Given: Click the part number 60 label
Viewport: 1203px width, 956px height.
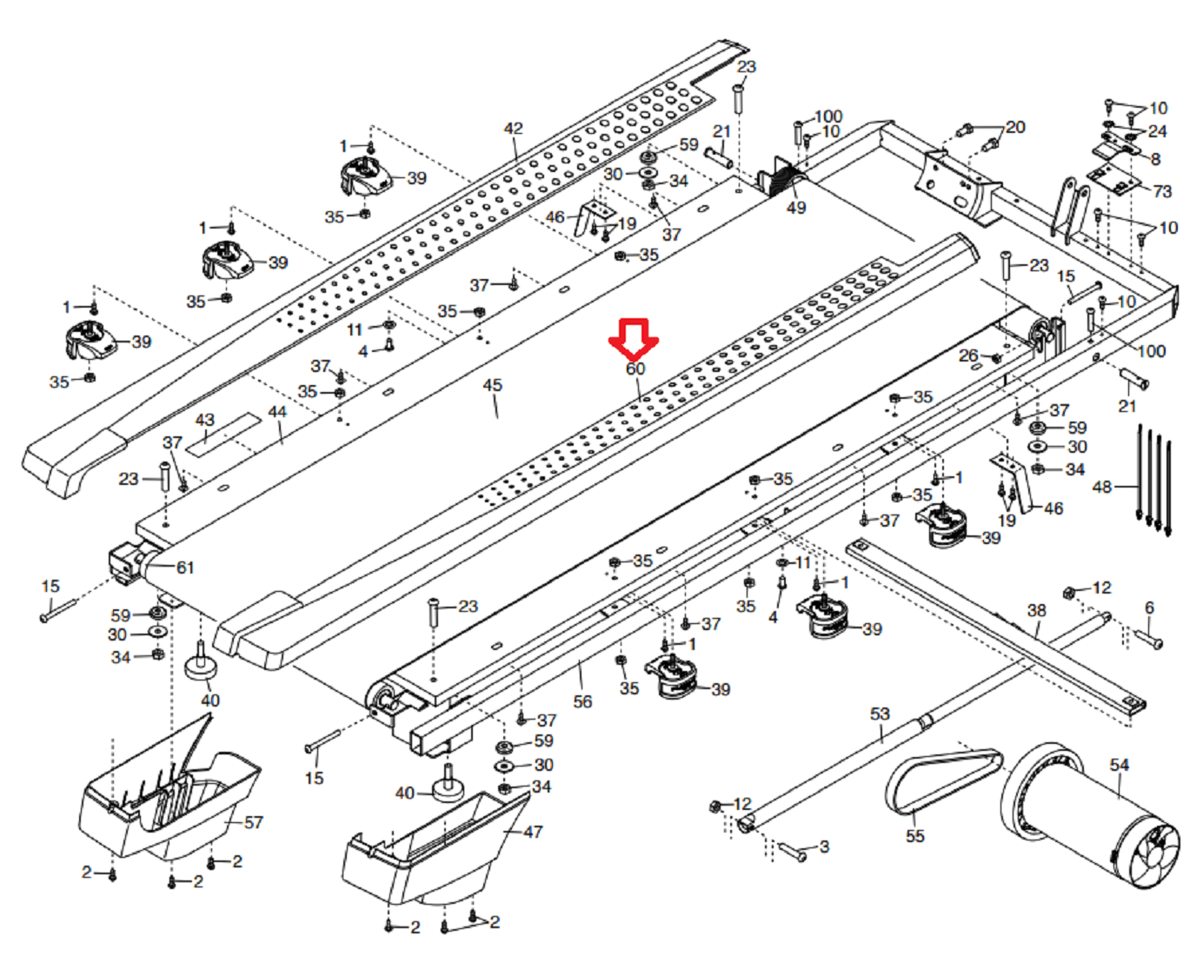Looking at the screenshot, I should click(x=635, y=368).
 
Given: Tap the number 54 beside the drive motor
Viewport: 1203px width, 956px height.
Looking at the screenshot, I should click(x=1119, y=765).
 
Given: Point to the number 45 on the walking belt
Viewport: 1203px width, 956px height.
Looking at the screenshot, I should click(x=492, y=385).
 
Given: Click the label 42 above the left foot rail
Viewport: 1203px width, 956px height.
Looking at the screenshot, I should click(x=514, y=129).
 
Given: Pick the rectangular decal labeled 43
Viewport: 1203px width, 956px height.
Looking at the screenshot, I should click(x=225, y=435).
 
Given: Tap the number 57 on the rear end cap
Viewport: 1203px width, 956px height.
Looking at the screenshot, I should click(x=253, y=822).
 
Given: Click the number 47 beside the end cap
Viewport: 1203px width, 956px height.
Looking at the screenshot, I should click(x=533, y=832).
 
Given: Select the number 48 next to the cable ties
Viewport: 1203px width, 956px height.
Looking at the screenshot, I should click(x=1102, y=487).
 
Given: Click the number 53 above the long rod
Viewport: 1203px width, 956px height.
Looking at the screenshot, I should click(x=880, y=714).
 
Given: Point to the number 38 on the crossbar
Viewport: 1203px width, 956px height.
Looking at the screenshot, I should click(x=1036, y=610).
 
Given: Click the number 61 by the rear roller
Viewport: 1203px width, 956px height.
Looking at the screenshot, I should click(x=185, y=568).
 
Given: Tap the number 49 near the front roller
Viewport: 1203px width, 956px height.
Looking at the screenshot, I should click(x=796, y=208).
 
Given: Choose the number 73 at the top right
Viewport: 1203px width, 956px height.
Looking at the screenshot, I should click(x=1162, y=191).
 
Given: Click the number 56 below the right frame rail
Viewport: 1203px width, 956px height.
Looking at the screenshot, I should click(x=582, y=700).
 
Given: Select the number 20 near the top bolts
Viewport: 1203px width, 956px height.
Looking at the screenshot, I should click(x=1015, y=127).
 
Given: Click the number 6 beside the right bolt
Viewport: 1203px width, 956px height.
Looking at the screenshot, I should click(x=1149, y=607).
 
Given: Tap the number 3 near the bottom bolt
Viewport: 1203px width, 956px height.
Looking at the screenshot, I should click(x=824, y=846).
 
